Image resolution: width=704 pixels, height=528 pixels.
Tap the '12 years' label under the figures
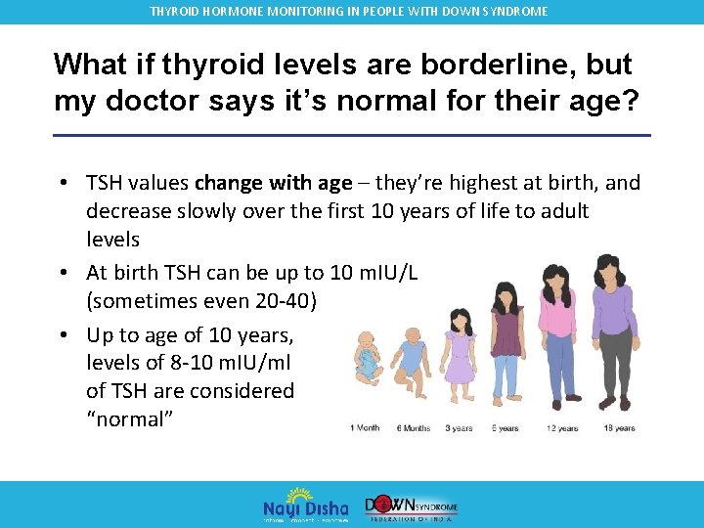click(x=563, y=428)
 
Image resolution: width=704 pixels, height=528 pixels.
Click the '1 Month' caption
click(x=366, y=428)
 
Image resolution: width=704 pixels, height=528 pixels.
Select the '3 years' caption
click(x=459, y=428)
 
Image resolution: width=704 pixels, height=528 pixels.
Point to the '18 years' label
click(x=619, y=428)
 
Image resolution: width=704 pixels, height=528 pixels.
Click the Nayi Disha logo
click(x=305, y=505)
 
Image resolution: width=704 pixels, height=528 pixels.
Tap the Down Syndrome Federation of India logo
click(x=411, y=505)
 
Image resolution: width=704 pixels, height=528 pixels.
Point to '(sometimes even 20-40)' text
click(x=200, y=300)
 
